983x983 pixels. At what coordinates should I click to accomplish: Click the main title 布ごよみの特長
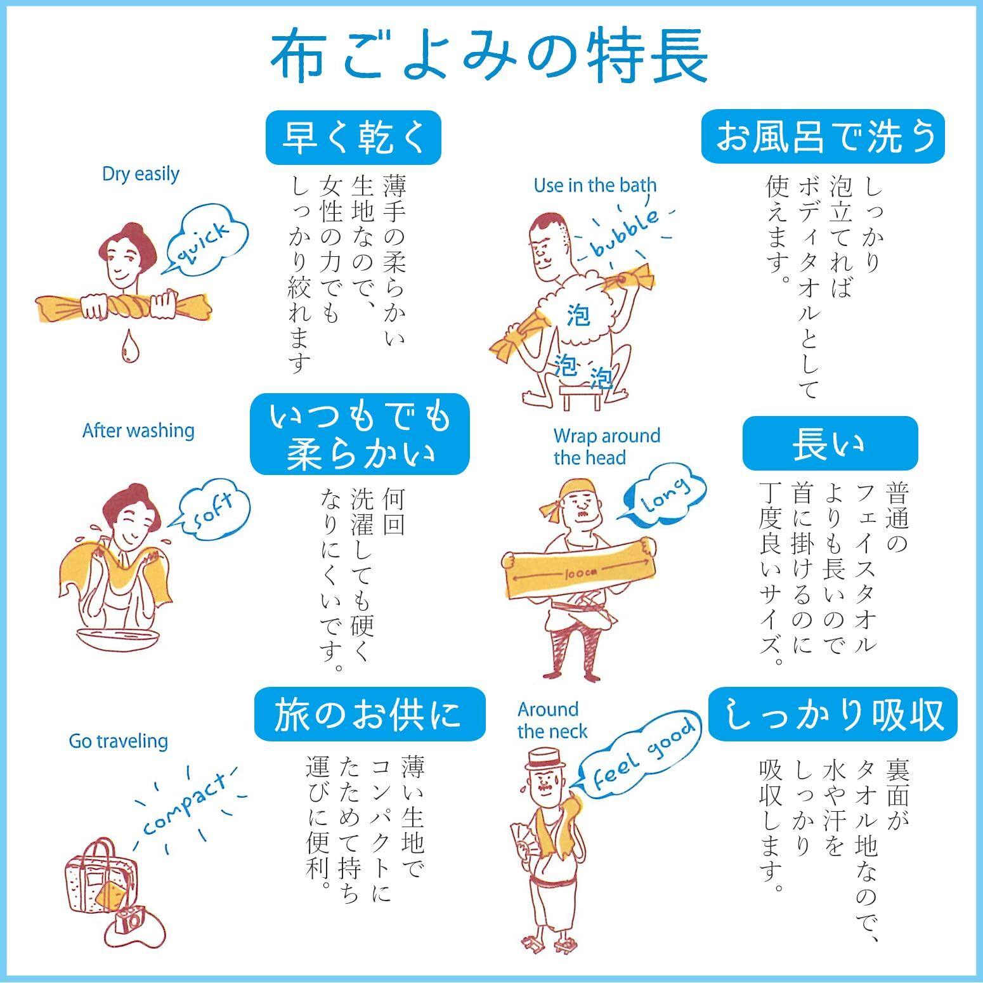point(489,58)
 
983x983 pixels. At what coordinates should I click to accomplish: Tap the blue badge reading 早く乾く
point(353,138)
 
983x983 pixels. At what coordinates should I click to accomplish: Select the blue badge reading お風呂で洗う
point(823,136)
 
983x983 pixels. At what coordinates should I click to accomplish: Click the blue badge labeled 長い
point(830,443)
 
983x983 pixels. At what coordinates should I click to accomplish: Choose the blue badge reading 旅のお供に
point(370,714)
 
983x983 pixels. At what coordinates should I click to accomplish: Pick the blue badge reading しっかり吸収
point(833,714)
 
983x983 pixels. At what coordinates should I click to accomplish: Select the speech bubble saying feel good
point(641,754)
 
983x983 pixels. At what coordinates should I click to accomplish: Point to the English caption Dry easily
point(141,173)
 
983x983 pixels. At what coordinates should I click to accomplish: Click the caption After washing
point(138,431)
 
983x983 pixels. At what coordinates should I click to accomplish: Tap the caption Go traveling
point(119,741)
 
